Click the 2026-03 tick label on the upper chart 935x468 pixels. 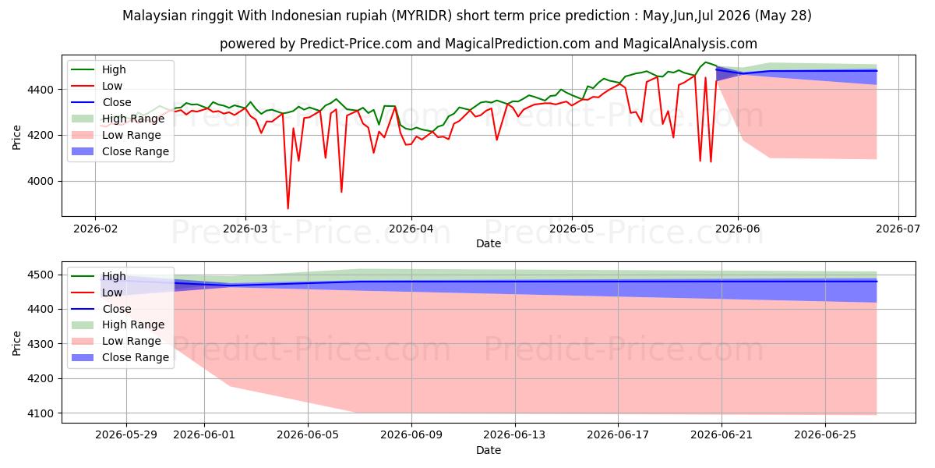245,229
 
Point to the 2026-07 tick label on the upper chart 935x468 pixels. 898,229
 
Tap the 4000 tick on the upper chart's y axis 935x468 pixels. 41,181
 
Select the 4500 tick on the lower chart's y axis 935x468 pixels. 41,275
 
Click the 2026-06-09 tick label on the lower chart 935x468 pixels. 411,435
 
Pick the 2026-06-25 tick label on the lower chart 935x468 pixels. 825,435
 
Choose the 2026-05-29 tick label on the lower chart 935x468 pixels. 126,435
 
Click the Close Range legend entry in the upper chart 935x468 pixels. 120,151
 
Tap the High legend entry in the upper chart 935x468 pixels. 98,69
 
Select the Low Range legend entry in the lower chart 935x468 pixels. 116,341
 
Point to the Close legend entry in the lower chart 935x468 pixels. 101,309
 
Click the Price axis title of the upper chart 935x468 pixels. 16,137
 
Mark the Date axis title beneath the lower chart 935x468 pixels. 489,450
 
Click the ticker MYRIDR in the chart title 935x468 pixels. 424,16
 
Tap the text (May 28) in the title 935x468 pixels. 782,16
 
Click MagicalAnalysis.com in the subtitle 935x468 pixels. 690,44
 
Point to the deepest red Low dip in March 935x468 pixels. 288,208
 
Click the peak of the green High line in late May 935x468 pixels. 705,62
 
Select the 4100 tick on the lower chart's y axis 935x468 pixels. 41,413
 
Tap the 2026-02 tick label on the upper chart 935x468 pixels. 95,229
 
